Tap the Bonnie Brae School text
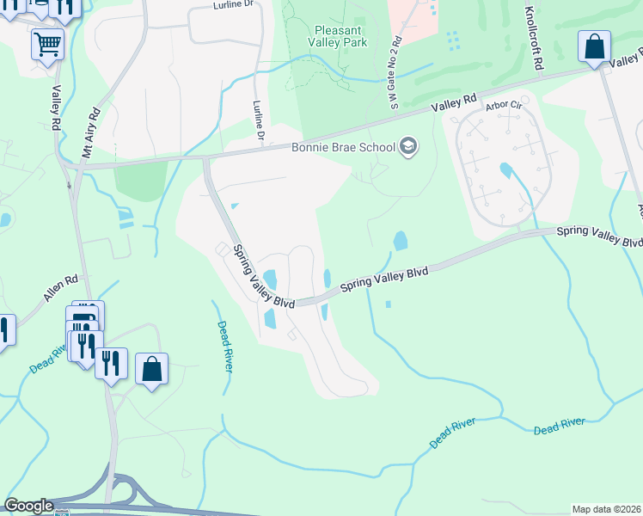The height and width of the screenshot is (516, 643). point(343,146)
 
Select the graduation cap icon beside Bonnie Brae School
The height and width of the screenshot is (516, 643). point(408,146)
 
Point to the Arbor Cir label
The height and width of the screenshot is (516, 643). point(504,106)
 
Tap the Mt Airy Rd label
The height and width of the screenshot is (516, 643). point(90,132)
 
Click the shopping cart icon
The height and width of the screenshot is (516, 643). point(47,43)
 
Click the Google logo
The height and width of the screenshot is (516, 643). point(28,506)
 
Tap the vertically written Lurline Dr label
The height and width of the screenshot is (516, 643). point(258,120)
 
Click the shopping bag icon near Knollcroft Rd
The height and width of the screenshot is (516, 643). point(594,46)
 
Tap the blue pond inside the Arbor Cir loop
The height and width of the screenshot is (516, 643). point(505,170)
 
